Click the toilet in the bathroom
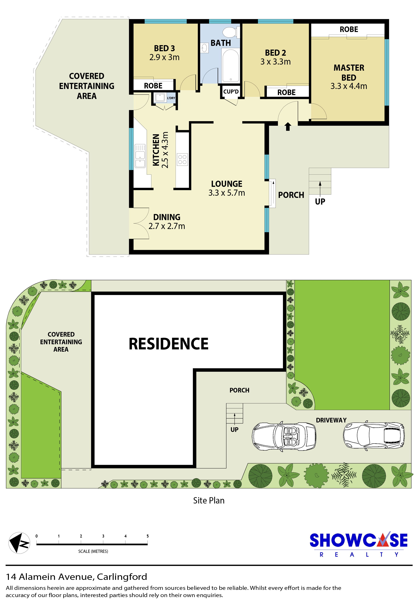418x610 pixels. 231,33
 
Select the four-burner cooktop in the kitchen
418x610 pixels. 182,159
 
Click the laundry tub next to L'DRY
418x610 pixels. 160,97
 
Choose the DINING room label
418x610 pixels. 167,217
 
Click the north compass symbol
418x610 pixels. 19,543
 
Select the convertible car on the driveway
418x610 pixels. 284,437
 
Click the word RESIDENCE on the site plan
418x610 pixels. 169,344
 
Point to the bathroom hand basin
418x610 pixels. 204,48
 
